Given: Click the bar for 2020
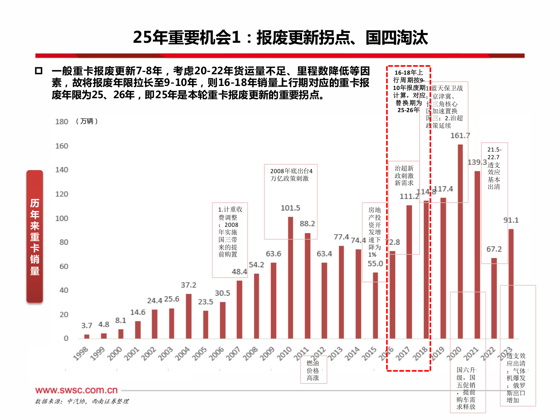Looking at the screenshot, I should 460,241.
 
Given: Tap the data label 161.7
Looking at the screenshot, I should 460,136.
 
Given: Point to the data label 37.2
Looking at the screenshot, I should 189,285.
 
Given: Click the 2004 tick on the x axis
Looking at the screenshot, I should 182,353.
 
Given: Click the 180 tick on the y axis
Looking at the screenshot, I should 61,122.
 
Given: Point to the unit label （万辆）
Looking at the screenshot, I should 86,121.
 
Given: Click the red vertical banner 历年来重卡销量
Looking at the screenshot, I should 35,236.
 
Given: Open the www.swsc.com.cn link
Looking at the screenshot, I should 76,390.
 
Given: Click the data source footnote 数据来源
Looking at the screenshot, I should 82,401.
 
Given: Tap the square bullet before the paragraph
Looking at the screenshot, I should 38,71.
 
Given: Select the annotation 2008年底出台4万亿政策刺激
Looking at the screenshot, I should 291,175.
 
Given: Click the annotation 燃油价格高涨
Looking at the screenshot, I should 313,370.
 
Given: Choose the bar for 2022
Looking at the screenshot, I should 494,298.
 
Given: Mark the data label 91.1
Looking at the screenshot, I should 511,220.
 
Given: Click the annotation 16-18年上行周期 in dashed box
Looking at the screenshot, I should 408,91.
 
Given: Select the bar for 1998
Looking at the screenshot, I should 87,336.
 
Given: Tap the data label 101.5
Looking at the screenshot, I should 290,208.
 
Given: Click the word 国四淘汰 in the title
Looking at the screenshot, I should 397,38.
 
